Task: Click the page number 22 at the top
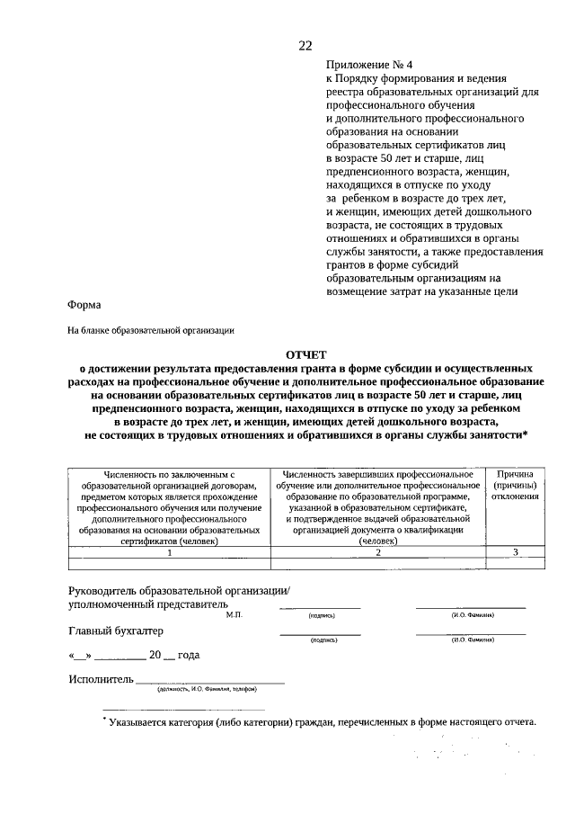pos(305,47)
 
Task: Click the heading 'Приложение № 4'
pos(368,66)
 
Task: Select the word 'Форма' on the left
pos(84,305)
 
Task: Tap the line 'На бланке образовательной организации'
pos(151,330)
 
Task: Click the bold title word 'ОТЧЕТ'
pos(306,355)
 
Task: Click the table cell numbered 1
pos(169,553)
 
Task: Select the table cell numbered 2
pos(377,553)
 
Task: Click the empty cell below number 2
pos(377,564)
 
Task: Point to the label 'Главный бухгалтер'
pos(116,631)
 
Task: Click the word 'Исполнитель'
pos(101,678)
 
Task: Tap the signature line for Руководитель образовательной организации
pos(320,608)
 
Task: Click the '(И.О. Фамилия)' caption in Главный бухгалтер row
pos(472,641)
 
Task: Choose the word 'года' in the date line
pos(189,656)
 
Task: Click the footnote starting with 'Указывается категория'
pos(322,722)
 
